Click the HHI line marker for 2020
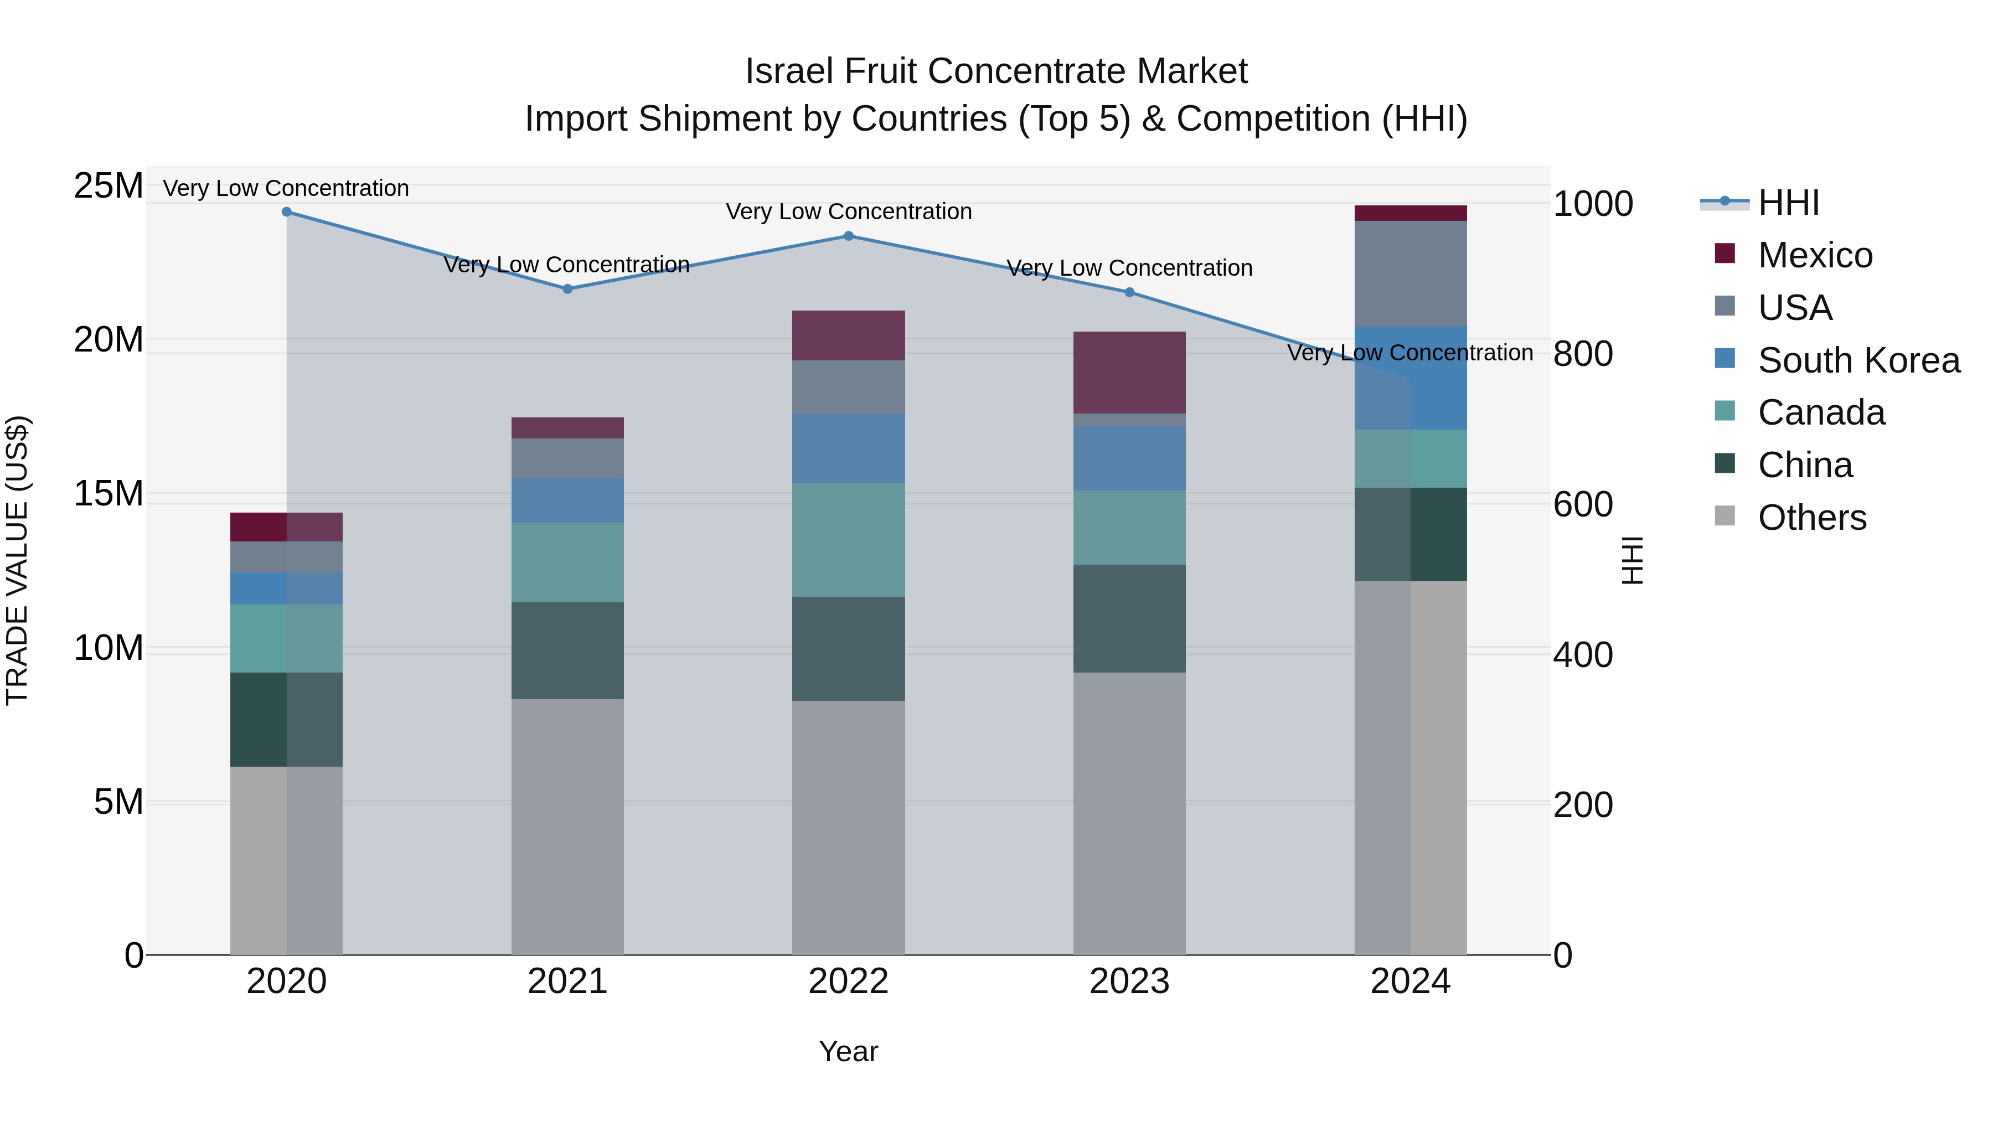click(286, 212)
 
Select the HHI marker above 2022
click(848, 236)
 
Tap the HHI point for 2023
click(1129, 292)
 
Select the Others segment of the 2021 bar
click(567, 826)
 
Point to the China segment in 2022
click(848, 648)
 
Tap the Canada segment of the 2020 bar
click(286, 638)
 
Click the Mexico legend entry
click(1814, 255)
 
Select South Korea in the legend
click(1857, 360)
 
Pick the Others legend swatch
click(1724, 516)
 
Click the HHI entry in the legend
click(1787, 203)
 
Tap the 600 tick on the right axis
click(1582, 504)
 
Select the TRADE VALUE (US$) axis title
click(17, 560)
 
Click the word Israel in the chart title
click(789, 71)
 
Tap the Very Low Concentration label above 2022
click(848, 211)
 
